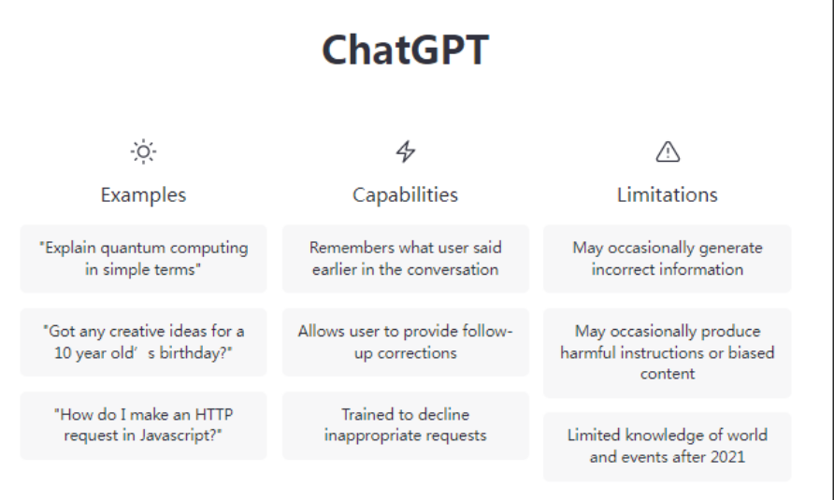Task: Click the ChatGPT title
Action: click(x=405, y=50)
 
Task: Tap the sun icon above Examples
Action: click(x=144, y=152)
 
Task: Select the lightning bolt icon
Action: click(x=405, y=151)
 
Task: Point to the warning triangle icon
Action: click(x=668, y=151)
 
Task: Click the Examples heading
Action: click(x=144, y=195)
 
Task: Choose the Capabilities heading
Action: click(x=405, y=195)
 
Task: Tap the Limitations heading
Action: click(x=668, y=195)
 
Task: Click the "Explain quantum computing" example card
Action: click(x=144, y=259)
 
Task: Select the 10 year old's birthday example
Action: click(x=144, y=342)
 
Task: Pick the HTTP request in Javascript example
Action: click(x=144, y=425)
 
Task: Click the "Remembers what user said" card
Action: click(x=405, y=259)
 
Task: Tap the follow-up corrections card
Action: click(x=405, y=342)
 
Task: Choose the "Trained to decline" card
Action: click(x=405, y=425)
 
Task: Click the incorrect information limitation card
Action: click(x=668, y=259)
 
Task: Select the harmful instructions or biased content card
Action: click(x=668, y=352)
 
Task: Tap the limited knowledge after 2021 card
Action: click(x=668, y=447)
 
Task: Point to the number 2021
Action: click(x=727, y=457)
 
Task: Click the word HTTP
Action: click(x=214, y=414)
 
